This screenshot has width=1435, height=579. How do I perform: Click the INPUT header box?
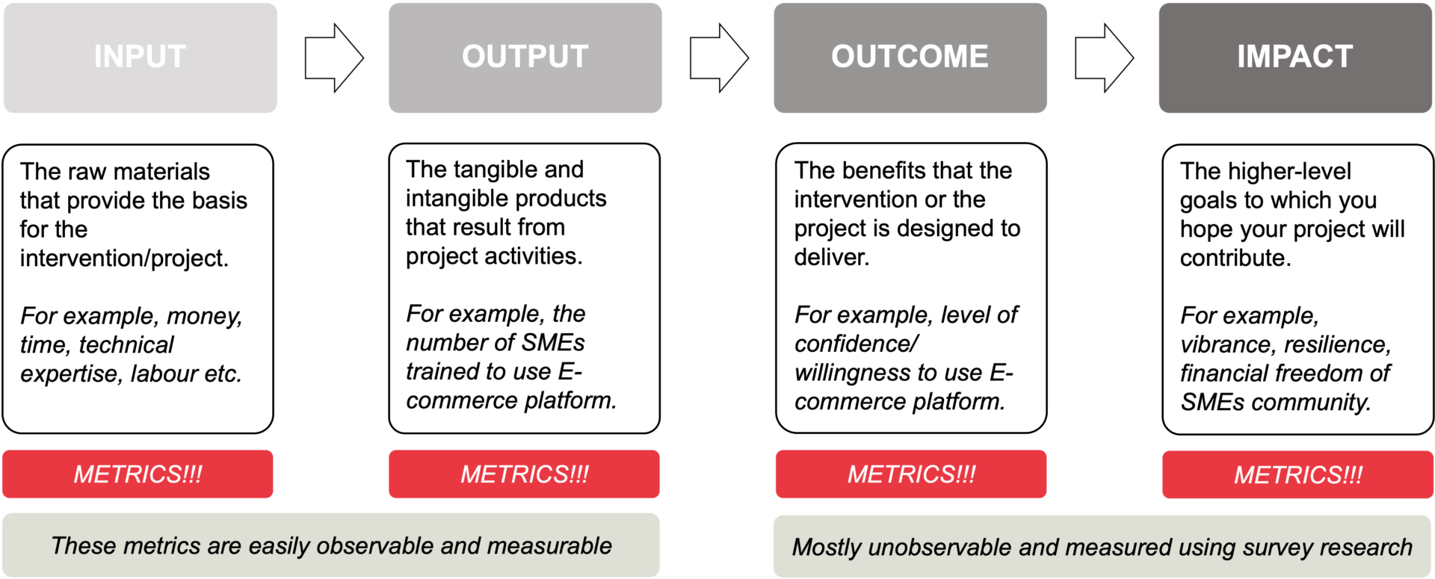(x=141, y=58)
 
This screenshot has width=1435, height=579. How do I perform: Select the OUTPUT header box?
(x=525, y=58)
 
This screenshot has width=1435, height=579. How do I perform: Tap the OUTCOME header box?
(x=910, y=58)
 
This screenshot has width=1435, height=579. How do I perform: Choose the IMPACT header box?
(x=1295, y=58)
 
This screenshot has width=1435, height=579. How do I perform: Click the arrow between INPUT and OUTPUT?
(x=334, y=58)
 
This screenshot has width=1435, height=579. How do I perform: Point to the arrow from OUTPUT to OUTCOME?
(x=719, y=58)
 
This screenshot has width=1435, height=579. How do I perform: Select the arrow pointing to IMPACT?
(x=1105, y=58)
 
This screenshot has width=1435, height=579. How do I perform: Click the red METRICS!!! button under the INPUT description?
(x=138, y=474)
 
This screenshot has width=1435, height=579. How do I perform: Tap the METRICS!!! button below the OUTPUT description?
(x=524, y=474)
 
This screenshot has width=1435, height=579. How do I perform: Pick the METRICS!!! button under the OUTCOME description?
(x=911, y=474)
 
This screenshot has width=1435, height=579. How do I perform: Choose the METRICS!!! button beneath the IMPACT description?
(x=1297, y=474)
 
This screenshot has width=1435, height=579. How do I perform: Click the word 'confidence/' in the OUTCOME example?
(x=857, y=344)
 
